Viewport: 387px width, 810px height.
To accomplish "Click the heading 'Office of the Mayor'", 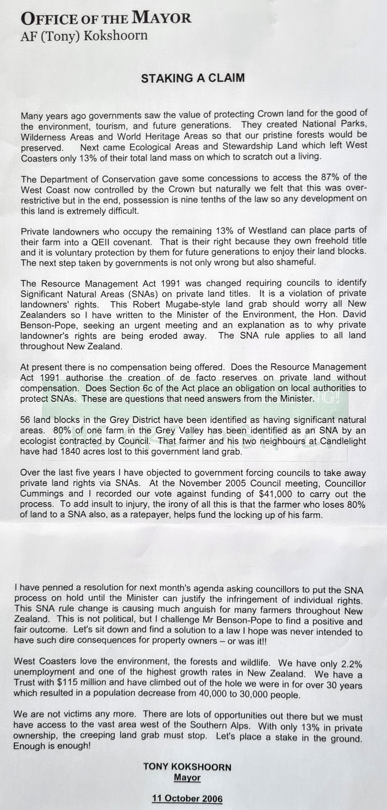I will pyautogui.click(x=106, y=18).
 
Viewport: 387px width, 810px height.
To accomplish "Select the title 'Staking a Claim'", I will pyautogui.click(x=193, y=78).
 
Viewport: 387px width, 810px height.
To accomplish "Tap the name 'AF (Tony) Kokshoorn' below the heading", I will pyautogui.click(x=84, y=36).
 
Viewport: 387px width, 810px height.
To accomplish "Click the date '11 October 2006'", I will pyautogui.click(x=187, y=798).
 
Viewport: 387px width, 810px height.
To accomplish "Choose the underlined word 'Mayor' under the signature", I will pyautogui.click(x=187, y=777).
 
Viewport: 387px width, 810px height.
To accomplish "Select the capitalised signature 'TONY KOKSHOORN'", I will pyautogui.click(x=187, y=767).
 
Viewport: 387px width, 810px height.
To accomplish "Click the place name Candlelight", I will pyautogui.click(x=341, y=441).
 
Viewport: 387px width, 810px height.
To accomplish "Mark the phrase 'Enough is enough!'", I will pyautogui.click(x=52, y=746).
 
